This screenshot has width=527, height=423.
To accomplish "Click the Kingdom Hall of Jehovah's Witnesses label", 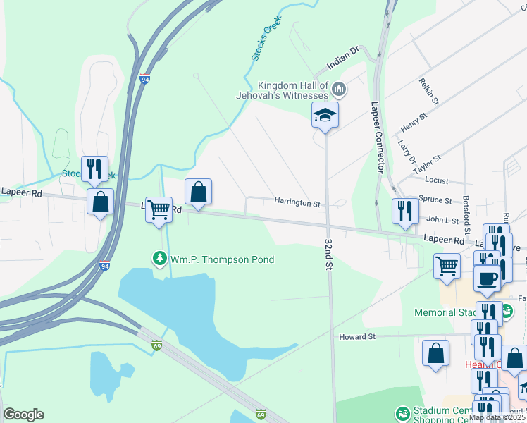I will click(x=293, y=90).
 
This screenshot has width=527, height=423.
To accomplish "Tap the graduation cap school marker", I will click(x=325, y=115).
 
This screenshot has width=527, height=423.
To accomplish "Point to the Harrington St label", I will click(x=297, y=202).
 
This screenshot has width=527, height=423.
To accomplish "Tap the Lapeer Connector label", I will click(x=377, y=137).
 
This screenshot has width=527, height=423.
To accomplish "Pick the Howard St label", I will click(x=356, y=337).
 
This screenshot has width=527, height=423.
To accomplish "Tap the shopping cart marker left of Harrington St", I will click(x=159, y=209).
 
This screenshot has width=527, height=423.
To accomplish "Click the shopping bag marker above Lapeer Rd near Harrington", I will click(x=199, y=191).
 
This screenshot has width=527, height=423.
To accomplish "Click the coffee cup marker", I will click(x=488, y=278).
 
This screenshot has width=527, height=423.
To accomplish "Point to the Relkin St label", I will click(x=428, y=91).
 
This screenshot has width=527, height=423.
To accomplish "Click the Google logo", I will click(x=23, y=415).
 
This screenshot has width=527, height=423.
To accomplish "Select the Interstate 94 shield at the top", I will click(x=144, y=79).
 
